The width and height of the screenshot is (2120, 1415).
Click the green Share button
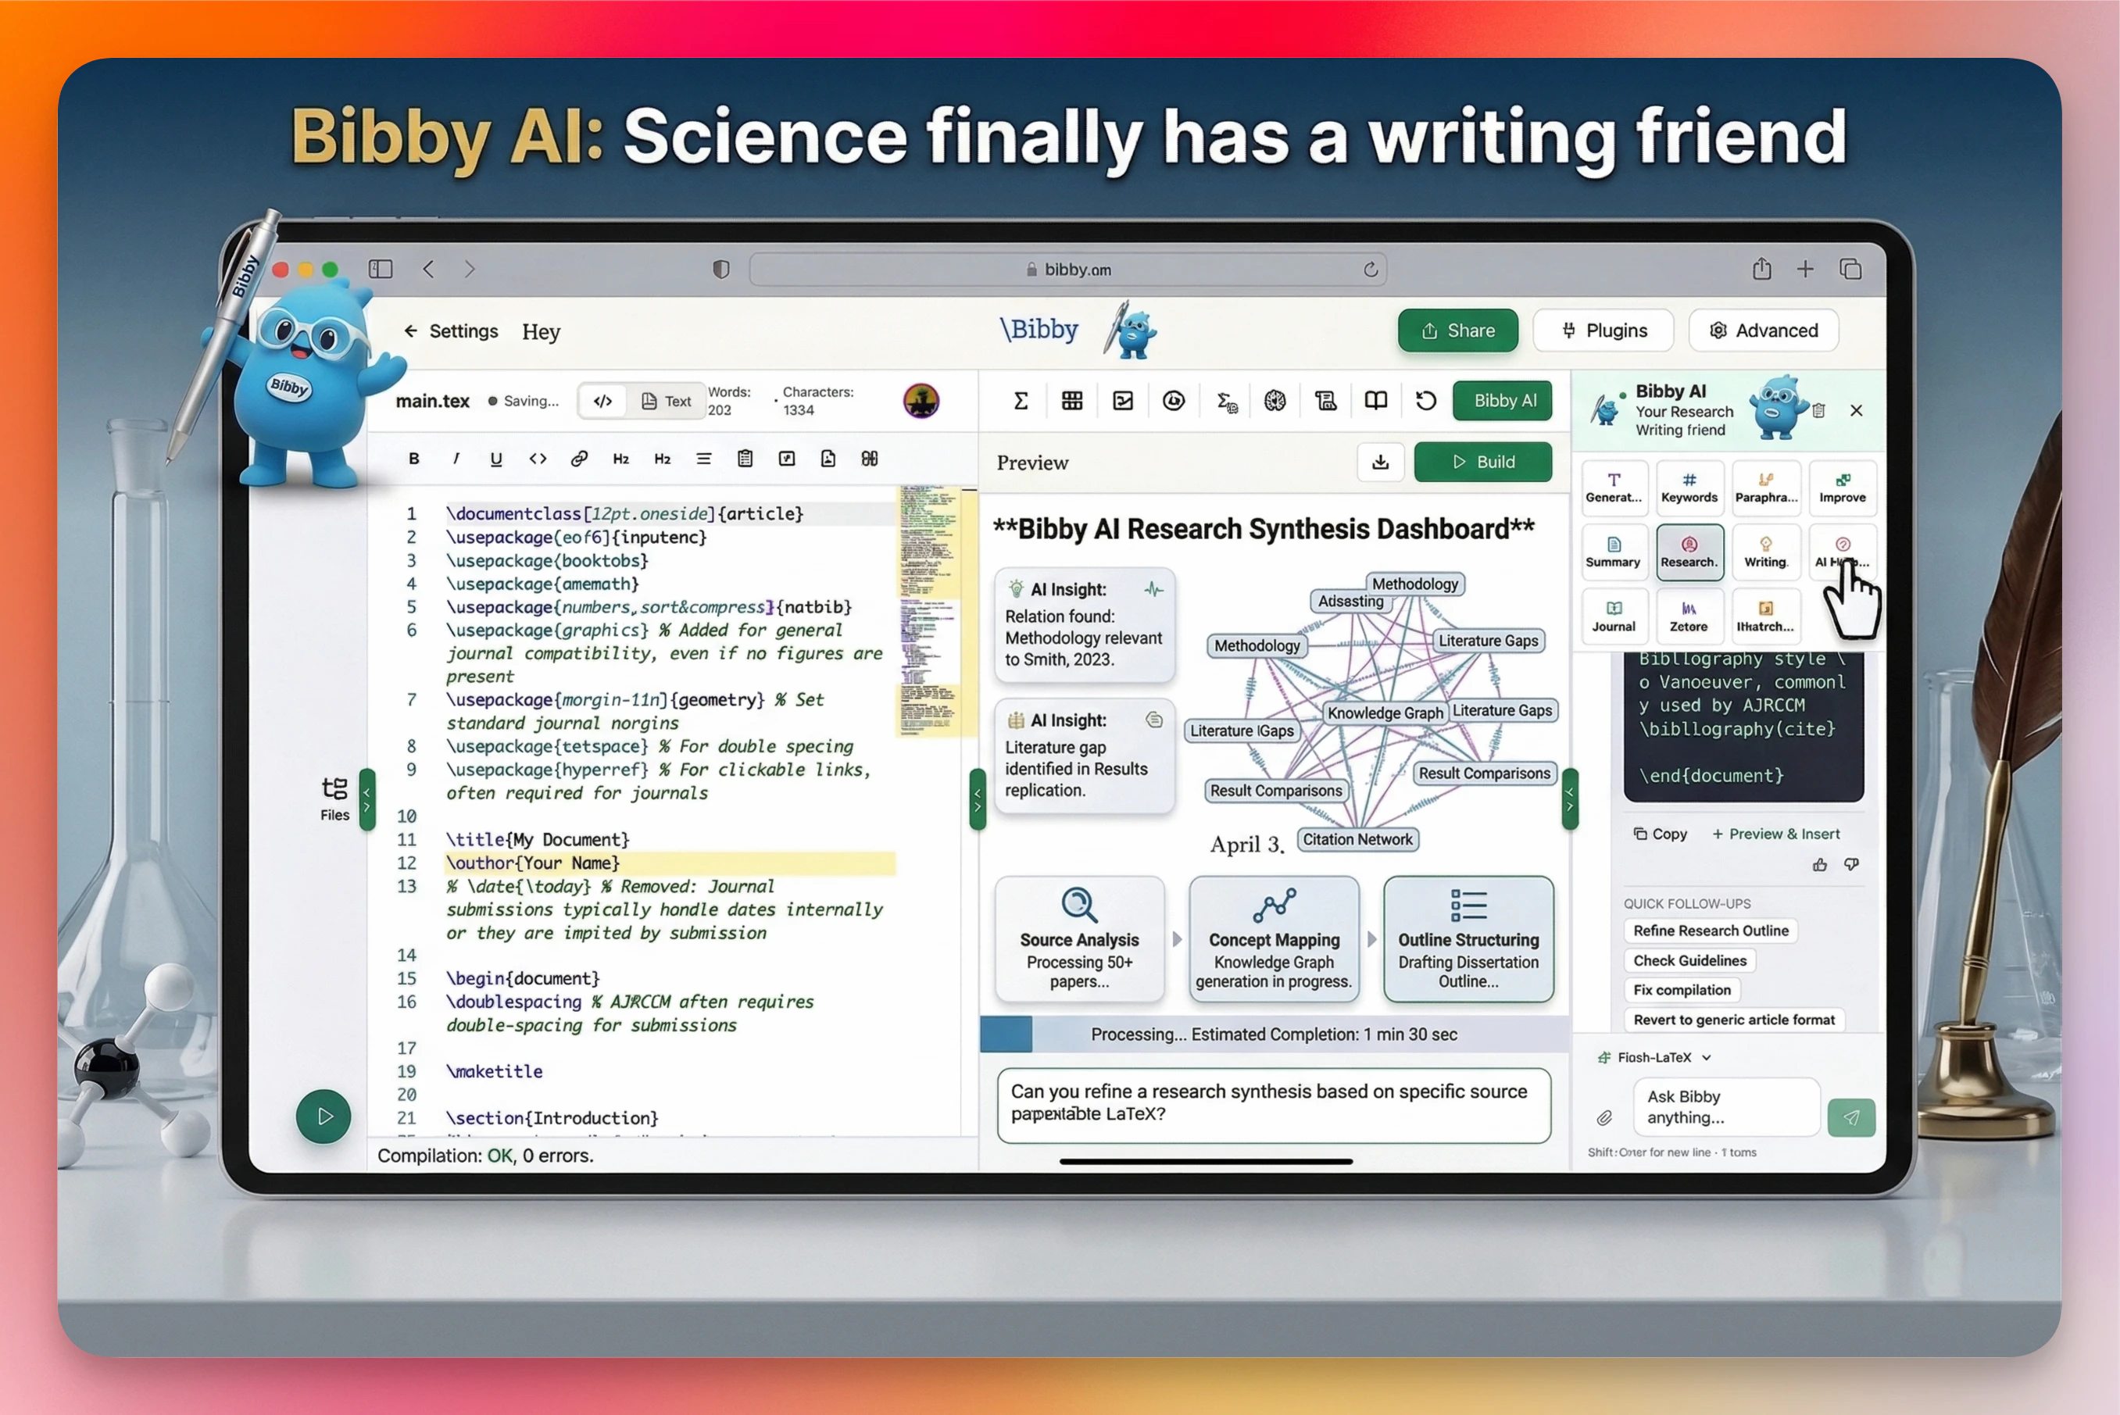(1457, 331)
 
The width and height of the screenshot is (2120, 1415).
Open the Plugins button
(1603, 331)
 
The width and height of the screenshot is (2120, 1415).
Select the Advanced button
(1763, 331)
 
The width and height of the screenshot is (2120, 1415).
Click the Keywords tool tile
(1689, 488)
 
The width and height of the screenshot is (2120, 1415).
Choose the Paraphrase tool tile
(1765, 488)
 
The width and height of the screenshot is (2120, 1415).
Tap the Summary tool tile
(1613, 552)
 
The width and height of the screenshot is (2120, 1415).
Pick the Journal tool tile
(1613, 616)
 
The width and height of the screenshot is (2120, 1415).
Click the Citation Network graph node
(1357, 839)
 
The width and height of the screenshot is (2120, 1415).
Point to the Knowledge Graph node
(1385, 713)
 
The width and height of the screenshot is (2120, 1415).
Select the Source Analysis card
(1079, 938)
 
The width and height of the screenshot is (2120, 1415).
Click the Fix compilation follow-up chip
(1682, 990)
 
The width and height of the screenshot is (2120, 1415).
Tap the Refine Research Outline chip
(1711, 931)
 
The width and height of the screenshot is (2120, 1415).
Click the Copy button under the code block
(1660, 834)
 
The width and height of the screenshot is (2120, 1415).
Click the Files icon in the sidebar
(334, 798)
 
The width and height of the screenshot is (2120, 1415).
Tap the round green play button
(323, 1117)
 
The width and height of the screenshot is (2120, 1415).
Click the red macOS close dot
(281, 270)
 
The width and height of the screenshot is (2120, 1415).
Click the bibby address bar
(1067, 270)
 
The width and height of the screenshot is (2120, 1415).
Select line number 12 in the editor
(407, 863)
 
